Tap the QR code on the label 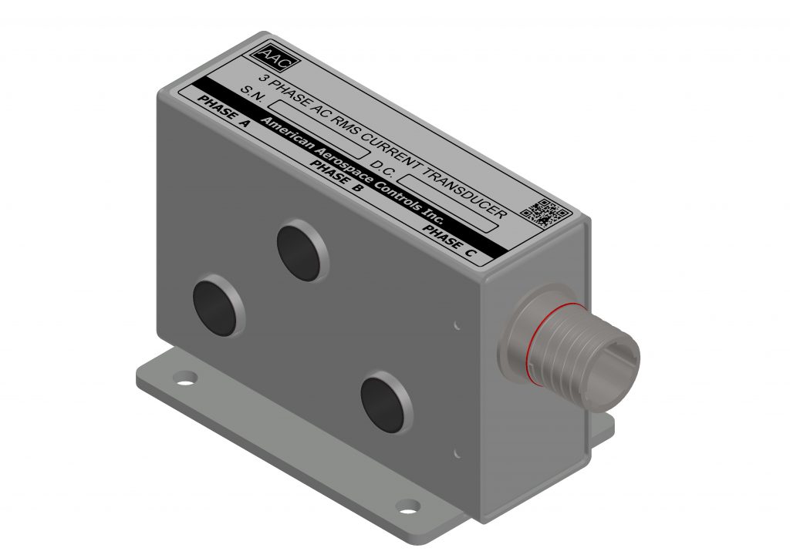tap(549, 212)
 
